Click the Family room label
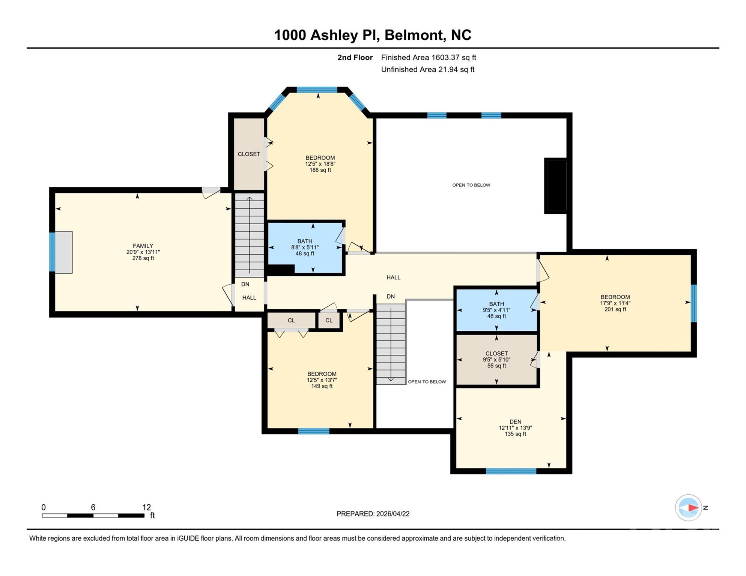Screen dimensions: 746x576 [x=143, y=246]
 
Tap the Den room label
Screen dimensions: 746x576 [x=515, y=421]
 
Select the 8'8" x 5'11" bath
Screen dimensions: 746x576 [x=305, y=247]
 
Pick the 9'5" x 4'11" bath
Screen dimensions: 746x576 [x=496, y=310]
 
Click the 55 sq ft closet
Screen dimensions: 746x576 [x=496, y=360]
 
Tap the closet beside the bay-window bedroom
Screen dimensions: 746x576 [x=249, y=154]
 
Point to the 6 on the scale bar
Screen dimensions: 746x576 [x=93, y=507]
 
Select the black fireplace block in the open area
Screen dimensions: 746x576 [x=556, y=186]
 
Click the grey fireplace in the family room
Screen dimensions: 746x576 [x=64, y=252]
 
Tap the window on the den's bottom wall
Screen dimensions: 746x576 [x=511, y=471]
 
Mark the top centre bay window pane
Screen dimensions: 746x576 [x=317, y=90]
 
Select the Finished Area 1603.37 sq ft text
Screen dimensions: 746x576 [x=429, y=57]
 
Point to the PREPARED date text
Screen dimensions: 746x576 [x=373, y=514]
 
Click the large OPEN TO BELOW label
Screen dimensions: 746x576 [x=471, y=185]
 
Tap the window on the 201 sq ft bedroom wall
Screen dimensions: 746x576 [x=694, y=303]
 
